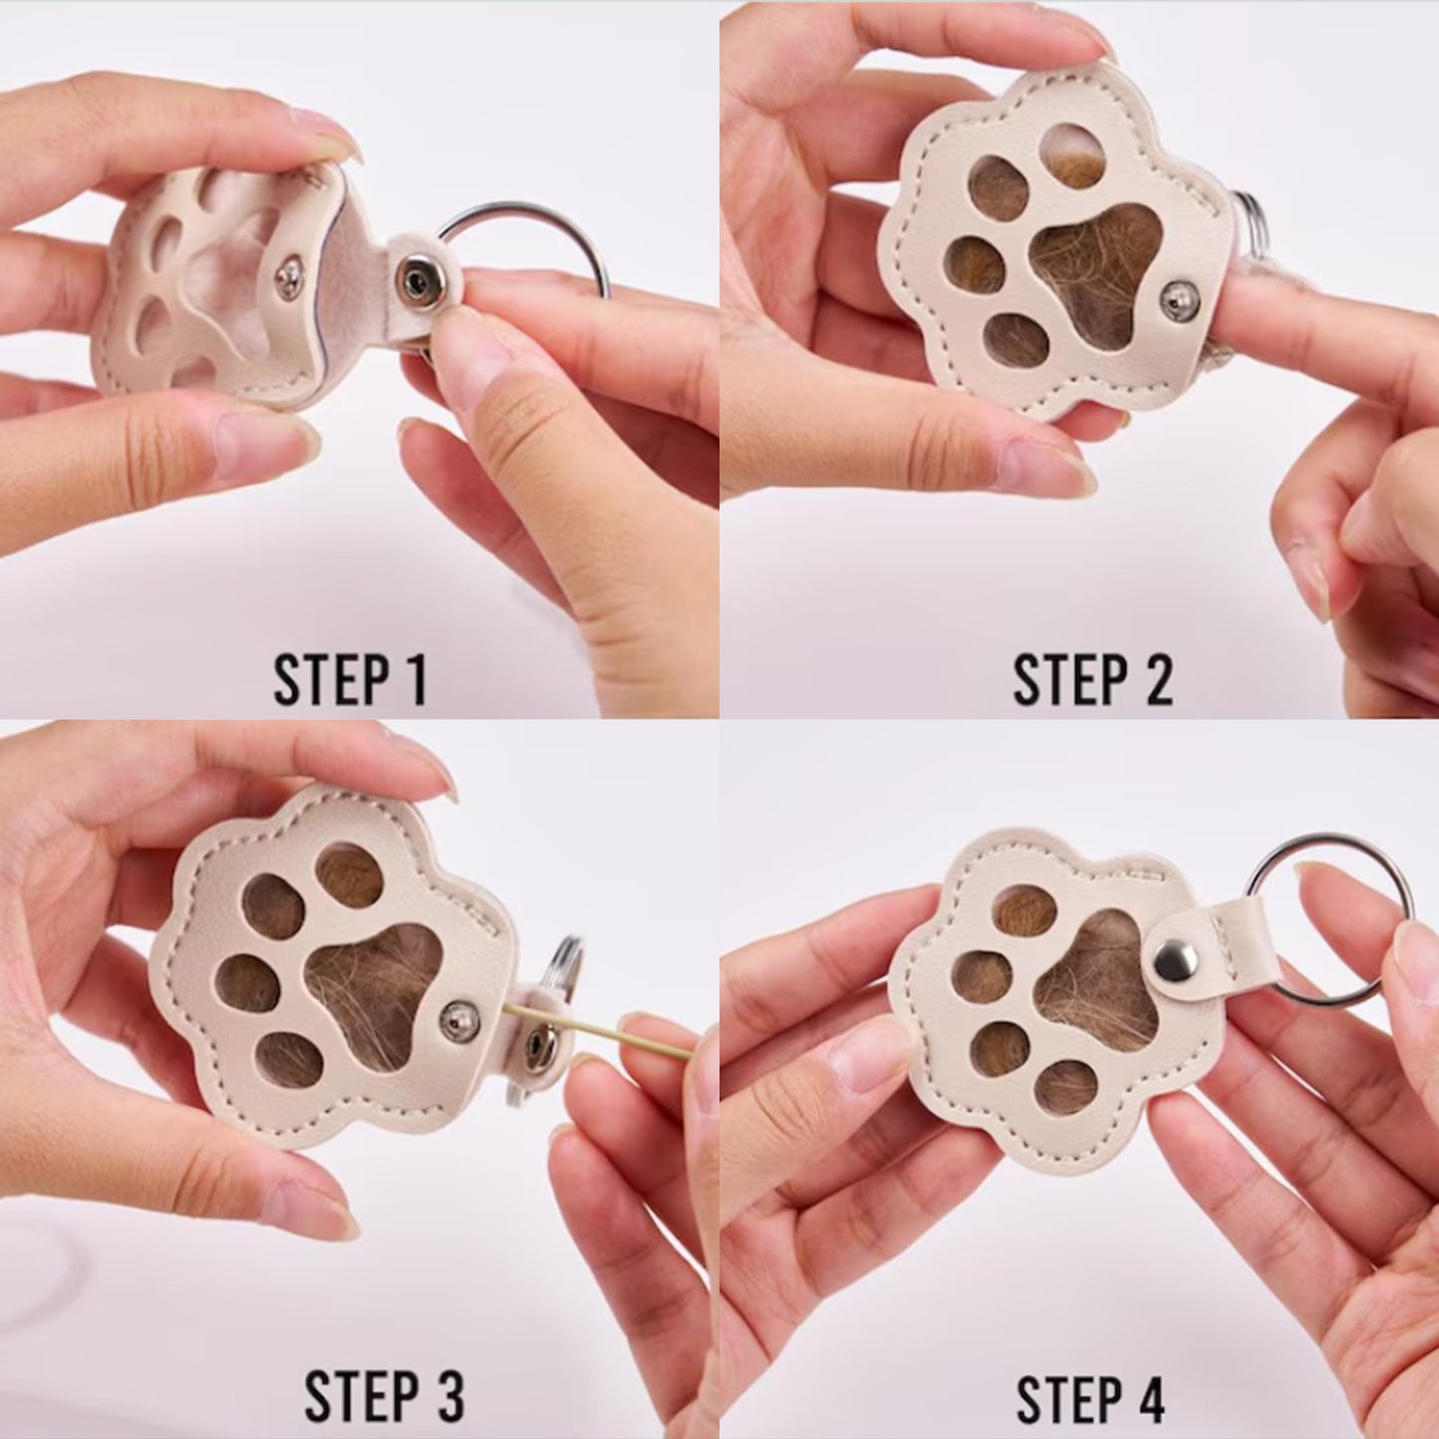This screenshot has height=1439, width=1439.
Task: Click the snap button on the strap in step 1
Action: click(x=413, y=282)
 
